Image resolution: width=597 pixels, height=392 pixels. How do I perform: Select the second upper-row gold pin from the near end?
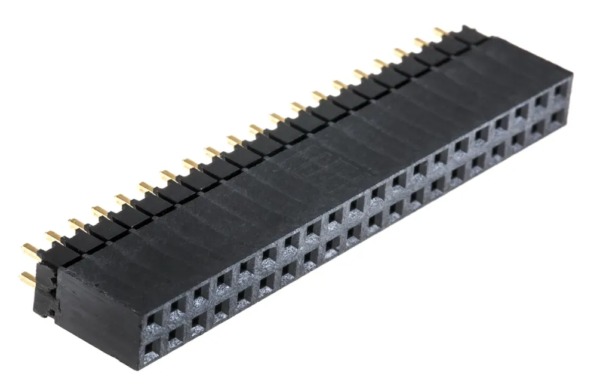pyautogui.click(x=53, y=237)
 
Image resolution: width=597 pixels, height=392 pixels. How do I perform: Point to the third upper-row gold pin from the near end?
pyautogui.click(x=76, y=224)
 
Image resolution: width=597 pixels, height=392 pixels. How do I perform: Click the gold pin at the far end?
pyautogui.click(x=441, y=32)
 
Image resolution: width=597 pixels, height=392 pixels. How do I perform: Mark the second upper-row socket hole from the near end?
pyautogui.click(x=176, y=307)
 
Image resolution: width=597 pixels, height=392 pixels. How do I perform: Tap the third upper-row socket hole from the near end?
pyautogui.click(x=199, y=294)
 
